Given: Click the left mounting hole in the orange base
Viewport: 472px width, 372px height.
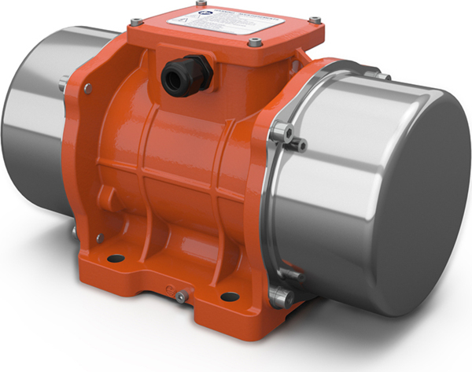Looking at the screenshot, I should pyautogui.click(x=116, y=256).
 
